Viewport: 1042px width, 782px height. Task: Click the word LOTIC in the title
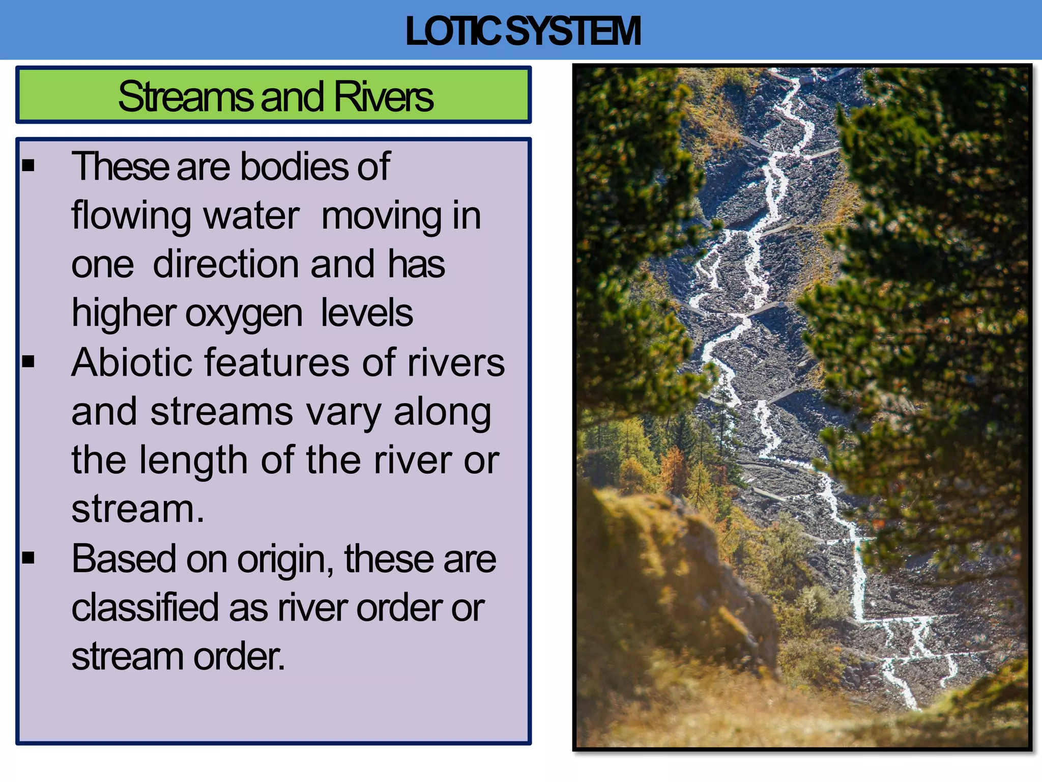pyautogui.click(x=453, y=32)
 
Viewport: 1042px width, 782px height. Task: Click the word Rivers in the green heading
pyautogui.click(x=383, y=96)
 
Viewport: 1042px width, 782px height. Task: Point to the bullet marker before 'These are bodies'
pyautogui.click(x=28, y=165)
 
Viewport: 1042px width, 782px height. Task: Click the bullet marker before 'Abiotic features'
pyautogui.click(x=28, y=361)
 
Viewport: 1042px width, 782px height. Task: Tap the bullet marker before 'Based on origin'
pyautogui.click(x=28, y=557)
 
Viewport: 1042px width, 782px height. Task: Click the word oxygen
pyautogui.click(x=244, y=314)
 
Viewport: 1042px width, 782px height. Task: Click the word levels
pyautogui.click(x=366, y=313)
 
